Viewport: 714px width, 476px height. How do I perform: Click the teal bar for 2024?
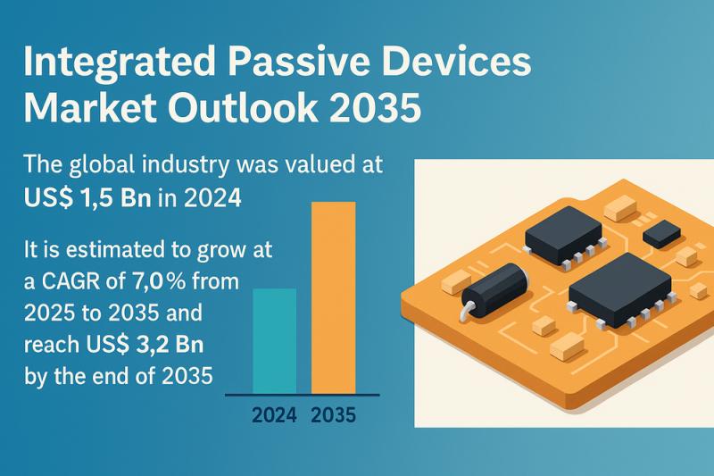pyautogui.click(x=275, y=341)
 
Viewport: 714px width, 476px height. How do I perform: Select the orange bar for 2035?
pyautogui.click(x=333, y=297)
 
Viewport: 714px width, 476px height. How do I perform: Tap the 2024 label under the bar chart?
pyautogui.click(x=274, y=415)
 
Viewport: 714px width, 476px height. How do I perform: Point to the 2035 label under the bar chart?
pyautogui.click(x=334, y=415)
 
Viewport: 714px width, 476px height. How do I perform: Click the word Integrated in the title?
pyautogui.click(x=120, y=63)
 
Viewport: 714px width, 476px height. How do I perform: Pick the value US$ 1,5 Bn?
pyautogui.click(x=87, y=198)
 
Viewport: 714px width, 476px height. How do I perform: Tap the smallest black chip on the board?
pyautogui.click(x=661, y=234)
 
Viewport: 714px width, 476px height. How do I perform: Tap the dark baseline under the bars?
pyautogui.click(x=303, y=395)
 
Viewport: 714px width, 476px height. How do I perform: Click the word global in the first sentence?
pyautogui.click(x=102, y=166)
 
